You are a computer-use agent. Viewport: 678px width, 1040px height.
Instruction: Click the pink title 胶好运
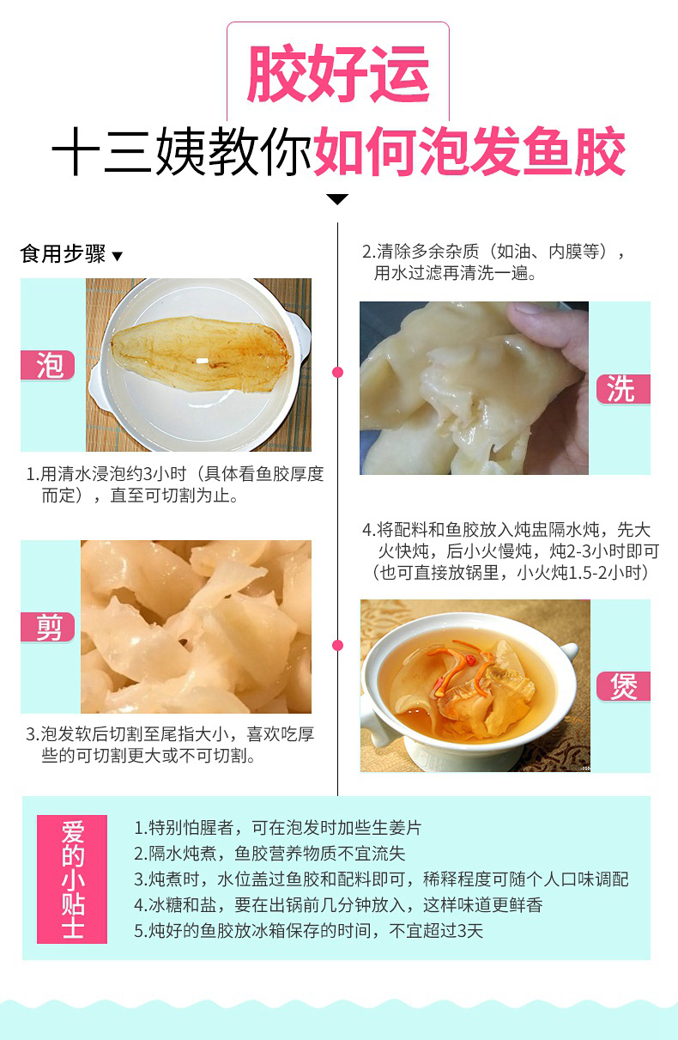click(338, 73)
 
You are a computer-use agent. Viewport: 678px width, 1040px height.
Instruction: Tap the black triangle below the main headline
click(337, 199)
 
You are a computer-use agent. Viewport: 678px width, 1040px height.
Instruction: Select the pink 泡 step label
click(48, 365)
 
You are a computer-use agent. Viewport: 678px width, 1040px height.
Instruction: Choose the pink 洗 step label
click(623, 389)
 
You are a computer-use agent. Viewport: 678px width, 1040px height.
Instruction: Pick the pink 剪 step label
click(48, 627)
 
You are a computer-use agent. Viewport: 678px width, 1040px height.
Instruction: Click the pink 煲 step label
click(623, 686)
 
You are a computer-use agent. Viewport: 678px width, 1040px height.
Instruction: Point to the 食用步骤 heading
click(64, 254)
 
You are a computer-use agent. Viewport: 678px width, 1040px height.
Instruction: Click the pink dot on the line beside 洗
click(338, 372)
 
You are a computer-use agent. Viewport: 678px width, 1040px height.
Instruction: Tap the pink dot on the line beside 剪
click(338, 645)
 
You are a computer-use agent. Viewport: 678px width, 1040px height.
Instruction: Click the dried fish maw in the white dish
click(201, 354)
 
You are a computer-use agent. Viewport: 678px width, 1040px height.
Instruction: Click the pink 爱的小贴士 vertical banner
click(72, 879)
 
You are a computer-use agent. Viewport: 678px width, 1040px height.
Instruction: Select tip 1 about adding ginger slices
click(277, 827)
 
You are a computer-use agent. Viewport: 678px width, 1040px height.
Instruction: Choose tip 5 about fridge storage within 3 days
click(309, 930)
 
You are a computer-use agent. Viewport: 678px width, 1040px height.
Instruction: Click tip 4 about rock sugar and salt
click(338, 904)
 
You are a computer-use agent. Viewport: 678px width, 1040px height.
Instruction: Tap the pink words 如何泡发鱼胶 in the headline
click(469, 151)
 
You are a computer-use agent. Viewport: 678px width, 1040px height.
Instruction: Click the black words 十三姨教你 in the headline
click(181, 151)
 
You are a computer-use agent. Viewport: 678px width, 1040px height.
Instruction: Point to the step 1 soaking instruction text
click(174, 484)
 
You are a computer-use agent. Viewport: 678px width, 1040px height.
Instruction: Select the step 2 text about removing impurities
click(493, 262)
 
